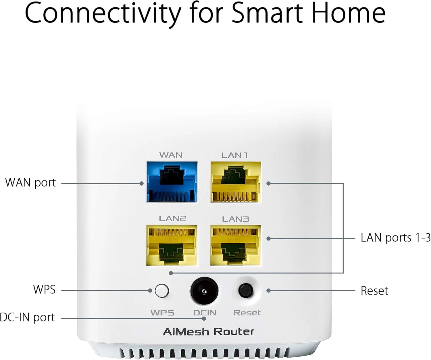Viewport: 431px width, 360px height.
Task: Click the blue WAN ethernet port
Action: click(172, 182)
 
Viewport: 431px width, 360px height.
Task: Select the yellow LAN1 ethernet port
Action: click(236, 182)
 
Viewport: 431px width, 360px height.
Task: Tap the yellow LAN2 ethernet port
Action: click(172, 245)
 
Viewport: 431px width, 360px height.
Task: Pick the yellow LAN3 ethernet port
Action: click(236, 245)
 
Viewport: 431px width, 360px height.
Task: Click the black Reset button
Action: click(246, 291)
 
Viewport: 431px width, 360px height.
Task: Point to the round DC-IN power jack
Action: click(204, 291)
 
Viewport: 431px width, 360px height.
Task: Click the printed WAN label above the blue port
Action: click(171, 155)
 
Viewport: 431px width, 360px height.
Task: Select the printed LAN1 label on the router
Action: click(234, 155)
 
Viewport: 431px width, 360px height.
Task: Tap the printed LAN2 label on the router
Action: click(172, 219)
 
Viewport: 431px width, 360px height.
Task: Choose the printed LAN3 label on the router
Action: click(236, 219)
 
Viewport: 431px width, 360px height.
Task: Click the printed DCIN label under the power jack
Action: click(205, 313)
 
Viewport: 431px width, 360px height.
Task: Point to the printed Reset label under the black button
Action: click(247, 313)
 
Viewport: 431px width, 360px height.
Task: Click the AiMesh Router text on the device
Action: click(209, 332)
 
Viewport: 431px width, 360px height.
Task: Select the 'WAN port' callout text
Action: click(30, 183)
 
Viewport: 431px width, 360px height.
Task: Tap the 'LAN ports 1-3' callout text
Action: click(395, 238)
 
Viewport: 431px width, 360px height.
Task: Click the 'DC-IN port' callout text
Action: click(27, 317)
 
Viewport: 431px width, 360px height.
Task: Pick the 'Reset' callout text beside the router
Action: click(374, 291)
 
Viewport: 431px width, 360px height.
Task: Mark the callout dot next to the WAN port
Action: click(141, 183)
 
